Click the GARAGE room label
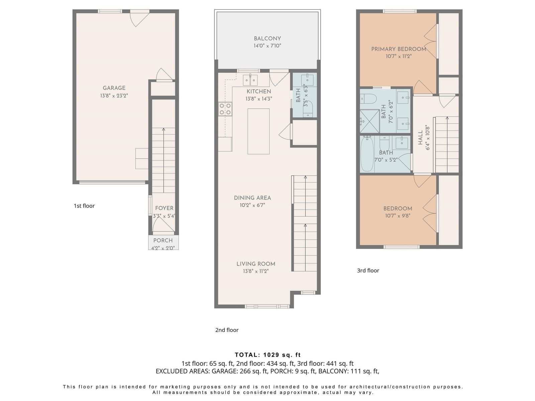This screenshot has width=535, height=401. [114, 88]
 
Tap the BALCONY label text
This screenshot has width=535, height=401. [267, 38]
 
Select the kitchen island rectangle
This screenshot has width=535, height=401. [258, 131]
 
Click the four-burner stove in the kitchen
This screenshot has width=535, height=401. [225, 109]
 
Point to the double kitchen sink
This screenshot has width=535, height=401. [250, 80]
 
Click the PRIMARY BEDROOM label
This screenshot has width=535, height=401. [399, 49]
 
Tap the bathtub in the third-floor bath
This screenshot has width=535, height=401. [367, 154]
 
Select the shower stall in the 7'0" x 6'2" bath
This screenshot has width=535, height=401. [370, 121]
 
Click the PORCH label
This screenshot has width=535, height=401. [163, 241]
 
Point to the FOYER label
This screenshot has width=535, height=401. [164, 208]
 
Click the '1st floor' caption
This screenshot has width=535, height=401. [84, 206]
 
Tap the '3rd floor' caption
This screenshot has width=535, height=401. [368, 270]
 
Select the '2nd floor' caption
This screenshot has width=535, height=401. [227, 330]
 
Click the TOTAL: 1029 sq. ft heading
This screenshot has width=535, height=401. [267, 355]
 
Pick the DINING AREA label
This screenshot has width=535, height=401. [252, 198]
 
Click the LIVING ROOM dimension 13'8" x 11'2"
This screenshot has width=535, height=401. [256, 271]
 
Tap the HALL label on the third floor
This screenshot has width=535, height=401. [420, 138]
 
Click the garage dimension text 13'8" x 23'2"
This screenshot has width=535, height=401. [114, 96]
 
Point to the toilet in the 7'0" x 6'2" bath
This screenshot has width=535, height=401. [368, 99]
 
